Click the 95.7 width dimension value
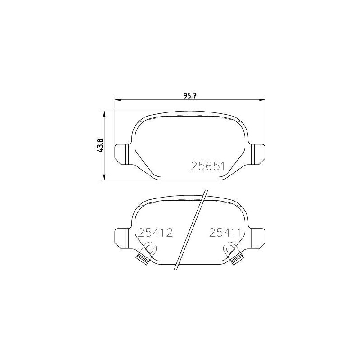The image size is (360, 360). [189, 95]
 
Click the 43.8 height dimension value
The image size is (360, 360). [100, 145]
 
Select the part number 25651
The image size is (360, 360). [208, 166]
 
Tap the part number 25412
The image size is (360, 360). [155, 233]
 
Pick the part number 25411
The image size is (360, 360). [225, 233]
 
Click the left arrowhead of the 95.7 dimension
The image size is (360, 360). [117, 99]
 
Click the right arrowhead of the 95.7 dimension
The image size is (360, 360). [262, 99]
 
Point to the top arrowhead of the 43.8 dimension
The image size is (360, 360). [104, 114]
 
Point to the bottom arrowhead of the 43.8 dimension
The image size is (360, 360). [104, 177]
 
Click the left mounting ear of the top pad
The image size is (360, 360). [121, 154]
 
